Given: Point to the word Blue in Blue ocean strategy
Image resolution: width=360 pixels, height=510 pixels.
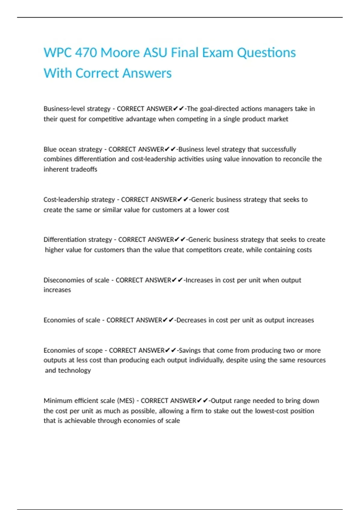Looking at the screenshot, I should (x=49, y=149).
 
